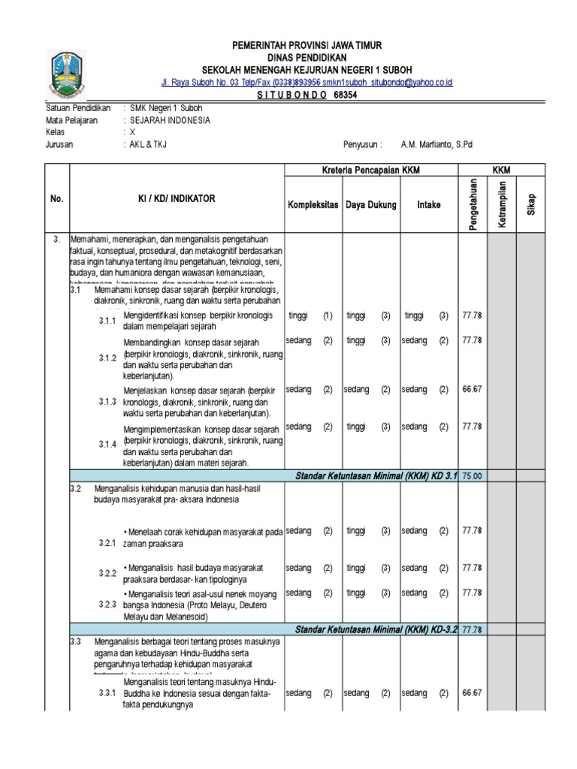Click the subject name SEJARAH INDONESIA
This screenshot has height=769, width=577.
point(170,119)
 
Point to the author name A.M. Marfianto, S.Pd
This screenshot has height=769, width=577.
point(437,145)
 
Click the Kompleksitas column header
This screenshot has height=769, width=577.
point(312,205)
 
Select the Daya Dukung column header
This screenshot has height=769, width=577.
point(370,205)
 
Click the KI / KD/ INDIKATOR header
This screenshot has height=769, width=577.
point(175,198)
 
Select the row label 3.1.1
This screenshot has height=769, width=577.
point(107,322)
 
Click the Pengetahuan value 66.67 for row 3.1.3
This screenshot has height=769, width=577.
point(472,390)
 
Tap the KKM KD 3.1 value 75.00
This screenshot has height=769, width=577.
point(472,475)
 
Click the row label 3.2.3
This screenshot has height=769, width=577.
point(107,605)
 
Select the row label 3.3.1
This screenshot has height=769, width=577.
point(107,693)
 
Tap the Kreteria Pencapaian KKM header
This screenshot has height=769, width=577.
point(370,171)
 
